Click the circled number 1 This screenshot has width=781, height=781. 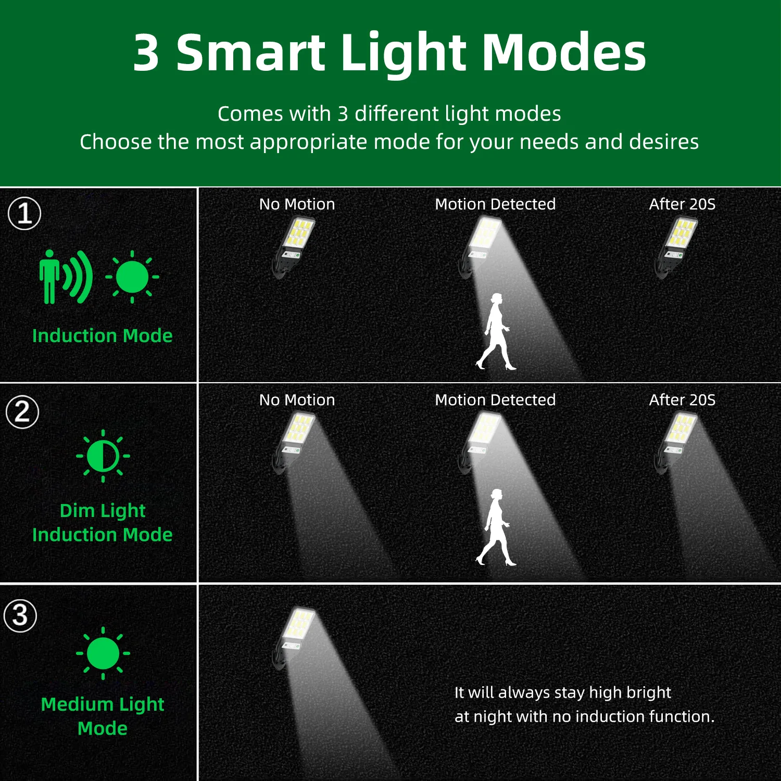24,213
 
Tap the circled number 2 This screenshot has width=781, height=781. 22,412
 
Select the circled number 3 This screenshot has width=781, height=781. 20,615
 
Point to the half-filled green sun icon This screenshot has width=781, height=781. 103,456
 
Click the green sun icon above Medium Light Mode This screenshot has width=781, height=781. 103,653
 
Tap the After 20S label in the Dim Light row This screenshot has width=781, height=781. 682,400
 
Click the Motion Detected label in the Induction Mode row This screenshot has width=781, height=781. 495,204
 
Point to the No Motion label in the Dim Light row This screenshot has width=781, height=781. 297,400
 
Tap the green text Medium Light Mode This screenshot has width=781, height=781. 103,716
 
